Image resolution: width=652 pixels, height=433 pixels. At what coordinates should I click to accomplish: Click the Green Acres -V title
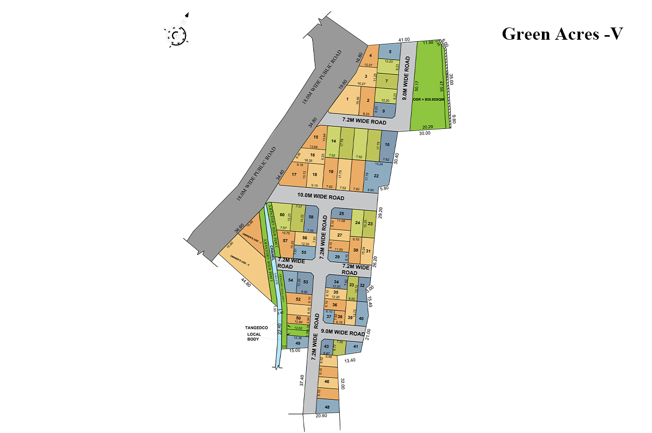[x=562, y=34]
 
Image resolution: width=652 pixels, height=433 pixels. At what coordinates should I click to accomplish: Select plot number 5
[x=390, y=51]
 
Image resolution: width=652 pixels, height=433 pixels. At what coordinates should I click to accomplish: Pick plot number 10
[x=387, y=145]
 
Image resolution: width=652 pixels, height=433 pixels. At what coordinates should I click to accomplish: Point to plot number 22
[x=376, y=176]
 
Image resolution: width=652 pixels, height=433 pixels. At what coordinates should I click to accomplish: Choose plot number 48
[x=327, y=407]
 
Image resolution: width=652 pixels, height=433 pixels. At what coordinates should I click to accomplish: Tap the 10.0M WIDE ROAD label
[x=321, y=197]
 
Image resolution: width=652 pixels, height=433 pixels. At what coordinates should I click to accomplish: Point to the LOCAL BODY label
[x=254, y=337]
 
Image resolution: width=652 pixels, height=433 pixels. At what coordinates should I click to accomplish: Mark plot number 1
[x=347, y=100]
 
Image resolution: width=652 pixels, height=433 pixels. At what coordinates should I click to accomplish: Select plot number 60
[x=282, y=214]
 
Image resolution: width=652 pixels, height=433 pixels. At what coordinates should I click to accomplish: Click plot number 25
[x=342, y=213]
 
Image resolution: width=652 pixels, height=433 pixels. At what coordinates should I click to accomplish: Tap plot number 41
[x=356, y=346]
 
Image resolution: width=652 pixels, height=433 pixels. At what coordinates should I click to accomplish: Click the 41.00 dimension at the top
[x=404, y=39]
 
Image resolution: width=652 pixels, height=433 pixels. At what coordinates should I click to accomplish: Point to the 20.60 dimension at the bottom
[x=321, y=416]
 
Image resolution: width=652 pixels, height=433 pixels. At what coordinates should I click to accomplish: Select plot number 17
[x=294, y=175]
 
